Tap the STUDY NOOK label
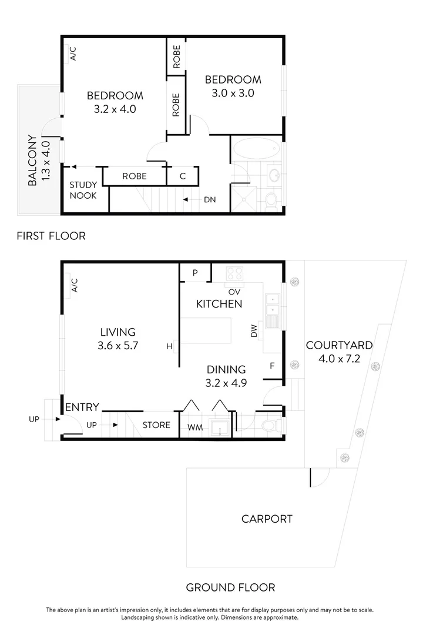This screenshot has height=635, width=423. pos(83,190)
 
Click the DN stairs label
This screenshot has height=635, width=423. pos(210,200)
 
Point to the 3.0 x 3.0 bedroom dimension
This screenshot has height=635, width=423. pos(233,93)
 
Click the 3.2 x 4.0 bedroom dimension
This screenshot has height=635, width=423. pos(115,109)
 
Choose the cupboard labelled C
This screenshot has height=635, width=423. pos(183,176)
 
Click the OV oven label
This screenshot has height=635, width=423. pos(233,291)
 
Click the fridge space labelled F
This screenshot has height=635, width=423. pos(272,366)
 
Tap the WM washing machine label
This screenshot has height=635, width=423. pos(194,427)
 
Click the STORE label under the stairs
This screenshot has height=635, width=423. pos(156,425)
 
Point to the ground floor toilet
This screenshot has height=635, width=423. pos(271,425)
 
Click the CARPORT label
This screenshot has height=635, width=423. pos(267,519)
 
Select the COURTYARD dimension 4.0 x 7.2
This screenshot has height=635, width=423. pos(339,358)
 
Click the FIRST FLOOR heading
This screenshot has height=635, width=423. pos(51,236)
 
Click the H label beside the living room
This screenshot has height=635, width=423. pos(169,347)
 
